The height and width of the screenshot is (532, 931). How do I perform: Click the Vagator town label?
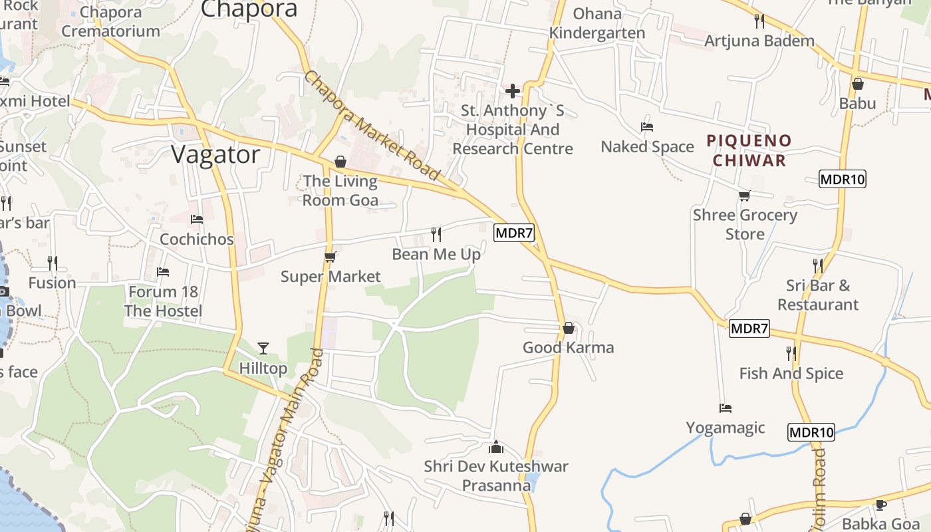(215, 154)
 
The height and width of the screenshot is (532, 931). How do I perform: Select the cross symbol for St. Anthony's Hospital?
(513, 90)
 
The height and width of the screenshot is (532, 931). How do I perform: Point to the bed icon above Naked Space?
(646, 126)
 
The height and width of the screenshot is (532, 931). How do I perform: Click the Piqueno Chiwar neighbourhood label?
(749, 150)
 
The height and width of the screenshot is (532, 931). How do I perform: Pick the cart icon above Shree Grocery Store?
(744, 196)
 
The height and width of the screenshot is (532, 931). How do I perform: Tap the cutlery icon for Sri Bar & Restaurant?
(817, 265)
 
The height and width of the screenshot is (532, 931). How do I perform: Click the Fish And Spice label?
(791, 374)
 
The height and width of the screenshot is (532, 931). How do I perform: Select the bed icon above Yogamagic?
(726, 408)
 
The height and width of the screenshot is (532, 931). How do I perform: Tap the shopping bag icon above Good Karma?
(568, 328)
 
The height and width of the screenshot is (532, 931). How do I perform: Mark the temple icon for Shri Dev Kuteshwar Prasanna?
(496, 447)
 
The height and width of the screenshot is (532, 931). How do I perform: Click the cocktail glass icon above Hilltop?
(263, 348)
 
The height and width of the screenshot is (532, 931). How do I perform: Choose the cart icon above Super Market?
(330, 257)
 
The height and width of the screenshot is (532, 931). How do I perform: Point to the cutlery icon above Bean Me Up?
(436, 234)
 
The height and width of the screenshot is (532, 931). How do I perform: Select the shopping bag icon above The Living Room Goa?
(340, 162)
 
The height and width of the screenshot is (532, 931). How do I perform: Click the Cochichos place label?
(197, 239)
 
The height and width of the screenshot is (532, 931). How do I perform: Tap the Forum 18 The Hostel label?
(163, 301)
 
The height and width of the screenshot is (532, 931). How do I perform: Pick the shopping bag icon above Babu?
(858, 84)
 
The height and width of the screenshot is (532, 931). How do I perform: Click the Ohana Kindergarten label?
(597, 23)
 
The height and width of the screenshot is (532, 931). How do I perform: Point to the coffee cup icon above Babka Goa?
(881, 505)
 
